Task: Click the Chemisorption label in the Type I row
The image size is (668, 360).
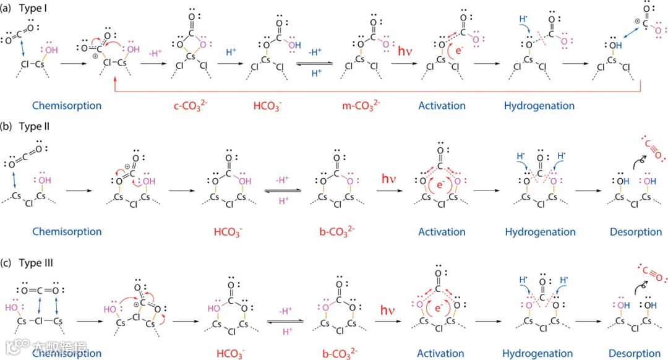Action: (x=67, y=106)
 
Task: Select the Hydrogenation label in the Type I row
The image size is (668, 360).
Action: (x=539, y=106)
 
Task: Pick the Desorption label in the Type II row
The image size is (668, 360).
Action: (x=635, y=232)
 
